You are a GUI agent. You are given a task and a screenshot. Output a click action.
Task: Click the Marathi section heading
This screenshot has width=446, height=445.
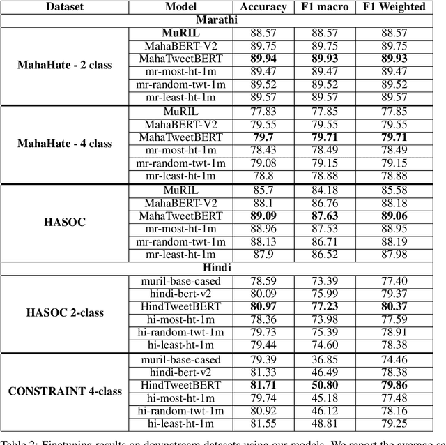[222, 20]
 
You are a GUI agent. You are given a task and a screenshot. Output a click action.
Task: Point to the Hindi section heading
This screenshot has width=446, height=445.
[222, 266]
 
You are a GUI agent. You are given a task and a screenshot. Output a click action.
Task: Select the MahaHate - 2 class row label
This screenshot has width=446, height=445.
[65, 66]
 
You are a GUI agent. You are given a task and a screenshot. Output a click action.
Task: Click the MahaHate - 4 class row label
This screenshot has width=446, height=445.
[65, 144]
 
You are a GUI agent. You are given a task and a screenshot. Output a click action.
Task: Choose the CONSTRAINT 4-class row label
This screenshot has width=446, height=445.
[65, 391]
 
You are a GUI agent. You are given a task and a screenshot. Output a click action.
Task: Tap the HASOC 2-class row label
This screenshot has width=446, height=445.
[65, 312]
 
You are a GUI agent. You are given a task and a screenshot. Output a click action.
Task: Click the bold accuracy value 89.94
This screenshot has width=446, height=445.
[263, 59]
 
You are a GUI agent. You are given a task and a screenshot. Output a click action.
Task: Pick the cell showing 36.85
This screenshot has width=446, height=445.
[324, 359]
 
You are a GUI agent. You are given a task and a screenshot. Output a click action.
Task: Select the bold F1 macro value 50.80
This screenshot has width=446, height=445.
[324, 385]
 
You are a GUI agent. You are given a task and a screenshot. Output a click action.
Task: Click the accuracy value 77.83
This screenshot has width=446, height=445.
[263, 111]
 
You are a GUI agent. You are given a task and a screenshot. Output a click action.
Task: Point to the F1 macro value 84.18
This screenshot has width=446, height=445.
[324, 189]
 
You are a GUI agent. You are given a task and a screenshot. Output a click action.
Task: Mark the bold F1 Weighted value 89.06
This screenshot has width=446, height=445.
[395, 216]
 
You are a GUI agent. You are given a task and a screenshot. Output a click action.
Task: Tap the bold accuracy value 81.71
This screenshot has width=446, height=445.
[263, 385]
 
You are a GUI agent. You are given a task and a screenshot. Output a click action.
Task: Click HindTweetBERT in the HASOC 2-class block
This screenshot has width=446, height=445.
[180, 307]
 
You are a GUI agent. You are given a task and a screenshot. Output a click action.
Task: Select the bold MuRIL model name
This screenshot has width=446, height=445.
[180, 33]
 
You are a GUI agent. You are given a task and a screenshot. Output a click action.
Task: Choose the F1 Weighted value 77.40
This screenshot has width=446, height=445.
[395, 280]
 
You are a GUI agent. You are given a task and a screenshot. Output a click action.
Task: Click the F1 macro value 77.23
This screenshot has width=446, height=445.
[324, 307]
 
